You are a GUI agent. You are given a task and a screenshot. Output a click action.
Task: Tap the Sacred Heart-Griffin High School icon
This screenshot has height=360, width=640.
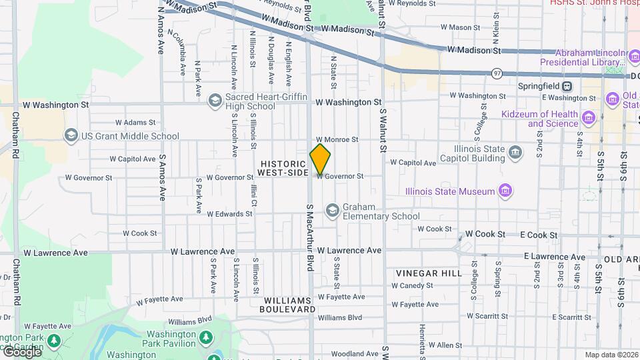click(215, 101)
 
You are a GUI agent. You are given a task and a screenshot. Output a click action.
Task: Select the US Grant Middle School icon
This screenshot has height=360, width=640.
click(71, 136)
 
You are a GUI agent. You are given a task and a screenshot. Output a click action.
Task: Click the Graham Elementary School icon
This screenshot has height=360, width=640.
click(332, 211)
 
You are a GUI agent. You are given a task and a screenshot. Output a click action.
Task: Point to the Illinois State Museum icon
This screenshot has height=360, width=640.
click(506, 191)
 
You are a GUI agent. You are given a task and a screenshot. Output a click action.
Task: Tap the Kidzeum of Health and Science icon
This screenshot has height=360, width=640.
click(588, 118)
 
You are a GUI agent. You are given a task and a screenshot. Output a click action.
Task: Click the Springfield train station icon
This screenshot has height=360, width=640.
click(567, 86)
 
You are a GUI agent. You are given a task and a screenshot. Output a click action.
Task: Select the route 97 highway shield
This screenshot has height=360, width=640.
click(497, 72)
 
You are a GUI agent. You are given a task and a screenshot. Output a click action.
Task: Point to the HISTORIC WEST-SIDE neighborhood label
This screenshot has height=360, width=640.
click(283, 168)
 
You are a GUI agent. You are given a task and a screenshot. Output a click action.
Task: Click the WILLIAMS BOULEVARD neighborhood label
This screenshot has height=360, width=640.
click(287, 305)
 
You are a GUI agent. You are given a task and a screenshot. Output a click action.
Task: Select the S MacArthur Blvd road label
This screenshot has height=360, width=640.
click(310, 237)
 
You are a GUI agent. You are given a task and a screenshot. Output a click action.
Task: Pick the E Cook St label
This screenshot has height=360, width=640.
click(539, 235)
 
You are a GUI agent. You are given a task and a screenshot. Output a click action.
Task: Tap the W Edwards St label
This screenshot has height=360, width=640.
click(229, 214)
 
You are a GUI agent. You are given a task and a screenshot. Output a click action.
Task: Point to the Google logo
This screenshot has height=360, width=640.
click(21, 351)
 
